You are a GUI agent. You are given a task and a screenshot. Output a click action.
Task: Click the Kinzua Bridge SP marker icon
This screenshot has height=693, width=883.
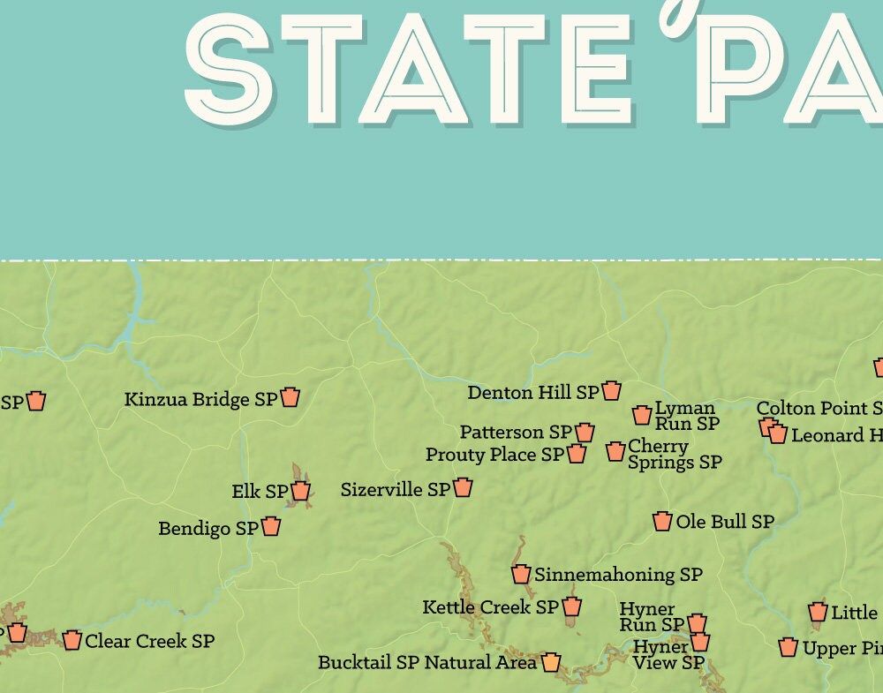[290, 397]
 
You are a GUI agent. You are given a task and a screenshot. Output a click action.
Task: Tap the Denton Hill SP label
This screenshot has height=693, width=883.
[532, 392]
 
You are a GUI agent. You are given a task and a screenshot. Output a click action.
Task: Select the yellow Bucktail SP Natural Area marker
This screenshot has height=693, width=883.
[551, 661]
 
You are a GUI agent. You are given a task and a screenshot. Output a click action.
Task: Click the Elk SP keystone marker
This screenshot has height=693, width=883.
[300, 491]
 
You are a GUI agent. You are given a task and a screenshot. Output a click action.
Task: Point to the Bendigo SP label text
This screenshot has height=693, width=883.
[208, 529]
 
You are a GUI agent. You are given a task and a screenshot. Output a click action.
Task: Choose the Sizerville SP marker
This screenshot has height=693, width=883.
[463, 487]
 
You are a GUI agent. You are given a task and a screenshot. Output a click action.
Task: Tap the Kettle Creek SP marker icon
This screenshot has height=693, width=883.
[571, 606]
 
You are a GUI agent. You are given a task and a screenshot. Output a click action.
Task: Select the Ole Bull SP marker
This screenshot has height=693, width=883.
[662, 521]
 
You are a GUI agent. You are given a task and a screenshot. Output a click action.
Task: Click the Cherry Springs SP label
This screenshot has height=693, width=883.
[674, 454]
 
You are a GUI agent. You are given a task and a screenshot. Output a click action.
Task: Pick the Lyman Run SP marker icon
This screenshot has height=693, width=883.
[642, 415]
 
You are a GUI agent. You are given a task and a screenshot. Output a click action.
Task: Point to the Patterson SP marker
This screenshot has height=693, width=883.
[585, 432]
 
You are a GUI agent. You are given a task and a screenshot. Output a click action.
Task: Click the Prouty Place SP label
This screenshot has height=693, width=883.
[494, 455]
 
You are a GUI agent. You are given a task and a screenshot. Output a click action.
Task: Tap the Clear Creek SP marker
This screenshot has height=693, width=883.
[72, 640]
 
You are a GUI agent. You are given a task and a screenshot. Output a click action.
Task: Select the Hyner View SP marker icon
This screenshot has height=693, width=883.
[700, 642]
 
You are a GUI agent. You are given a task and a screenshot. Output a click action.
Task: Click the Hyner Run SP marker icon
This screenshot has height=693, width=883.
[697, 623]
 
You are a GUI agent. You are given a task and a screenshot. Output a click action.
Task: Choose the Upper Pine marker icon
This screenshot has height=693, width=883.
[789, 648]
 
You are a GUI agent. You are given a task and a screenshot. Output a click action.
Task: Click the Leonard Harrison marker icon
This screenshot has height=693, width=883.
[777, 433]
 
